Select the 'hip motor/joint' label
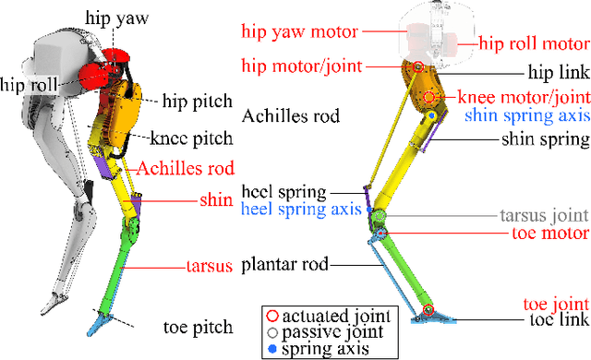300,66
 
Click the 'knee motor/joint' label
525,97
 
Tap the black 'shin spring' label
545,140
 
